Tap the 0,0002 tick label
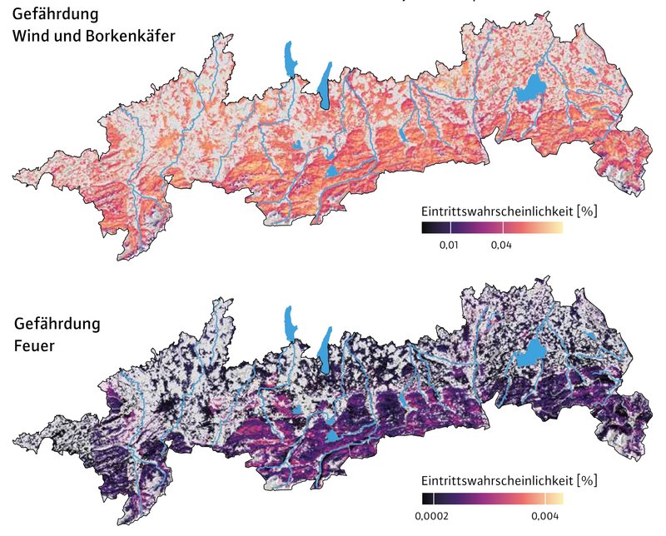(431, 516)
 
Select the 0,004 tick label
(544, 516)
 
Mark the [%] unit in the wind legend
(588, 211)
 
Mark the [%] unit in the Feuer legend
(588, 481)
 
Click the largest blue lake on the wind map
(528, 89)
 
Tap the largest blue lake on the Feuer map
(528, 356)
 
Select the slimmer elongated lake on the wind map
(290, 60)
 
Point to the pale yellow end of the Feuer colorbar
(557, 499)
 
